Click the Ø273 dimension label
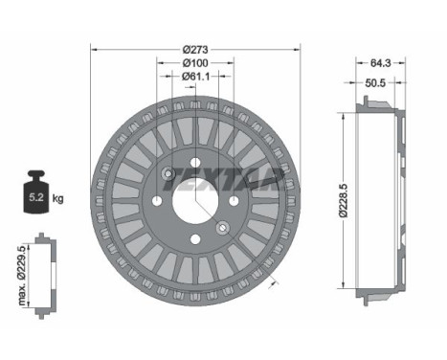[195, 50]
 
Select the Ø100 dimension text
[195, 63]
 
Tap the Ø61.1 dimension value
[195, 77]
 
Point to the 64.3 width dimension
[380, 63]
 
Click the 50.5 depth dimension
[375, 83]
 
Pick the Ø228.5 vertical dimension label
[343, 200]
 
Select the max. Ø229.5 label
[21, 276]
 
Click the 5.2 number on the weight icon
[36, 197]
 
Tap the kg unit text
[57, 198]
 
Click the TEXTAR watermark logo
[223, 180]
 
